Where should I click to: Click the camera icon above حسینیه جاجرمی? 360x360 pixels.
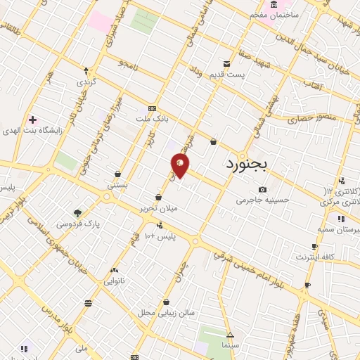pyautogui.click(x=262, y=189)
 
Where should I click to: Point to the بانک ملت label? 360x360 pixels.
pyautogui.click(x=153, y=120)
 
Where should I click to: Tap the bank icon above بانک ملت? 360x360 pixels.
pyautogui.click(x=152, y=109)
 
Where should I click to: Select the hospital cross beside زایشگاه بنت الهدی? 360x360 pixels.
pyautogui.click(x=32, y=120)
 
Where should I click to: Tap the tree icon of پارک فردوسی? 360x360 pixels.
pyautogui.click(x=77, y=213)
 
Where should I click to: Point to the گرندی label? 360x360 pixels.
pyautogui.click(x=86, y=82)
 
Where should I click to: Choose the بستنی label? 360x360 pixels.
pyautogui.click(x=117, y=185)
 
